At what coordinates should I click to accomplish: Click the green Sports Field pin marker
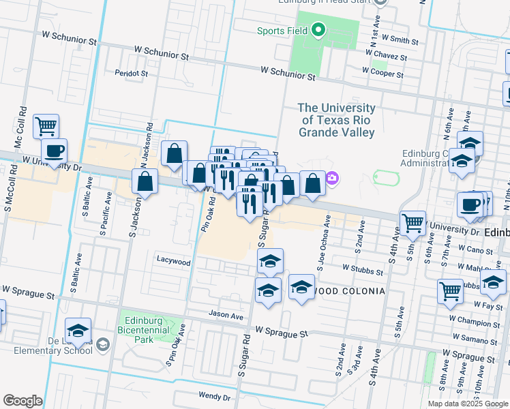pos(318,30)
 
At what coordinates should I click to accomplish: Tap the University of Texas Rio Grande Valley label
pos(336,120)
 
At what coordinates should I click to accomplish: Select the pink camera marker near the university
pos(332,179)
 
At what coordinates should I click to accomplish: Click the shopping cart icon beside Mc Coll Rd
pos(46,125)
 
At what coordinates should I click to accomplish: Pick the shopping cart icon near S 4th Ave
pos(413,222)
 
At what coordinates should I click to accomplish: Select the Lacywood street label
pos(173,260)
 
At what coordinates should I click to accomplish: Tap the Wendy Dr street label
pos(214,396)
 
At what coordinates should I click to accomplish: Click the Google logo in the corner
pos(22,401)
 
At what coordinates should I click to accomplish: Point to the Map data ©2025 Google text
pos(467,404)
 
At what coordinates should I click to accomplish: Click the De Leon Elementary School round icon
pos(102,344)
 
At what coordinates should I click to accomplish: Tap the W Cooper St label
pos(384,70)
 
